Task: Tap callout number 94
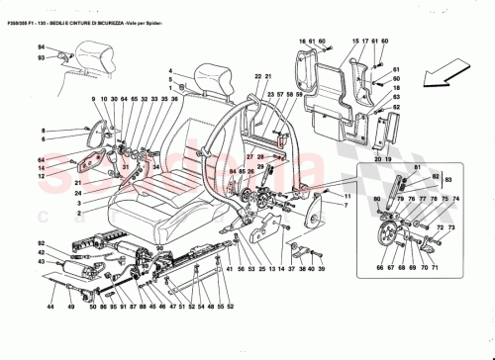(42, 48)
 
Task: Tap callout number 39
(322, 268)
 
